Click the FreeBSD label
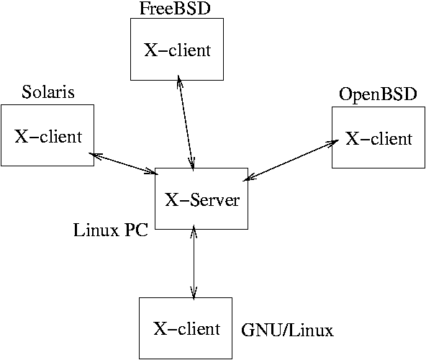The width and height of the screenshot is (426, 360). [x=175, y=8]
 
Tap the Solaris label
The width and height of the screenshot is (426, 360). [x=48, y=91]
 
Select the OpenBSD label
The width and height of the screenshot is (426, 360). [x=378, y=94]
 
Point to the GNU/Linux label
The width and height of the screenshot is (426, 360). [x=287, y=330]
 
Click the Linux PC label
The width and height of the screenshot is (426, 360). [x=111, y=230]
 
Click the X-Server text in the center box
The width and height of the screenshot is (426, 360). [x=202, y=200]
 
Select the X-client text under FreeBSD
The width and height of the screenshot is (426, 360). [x=178, y=50]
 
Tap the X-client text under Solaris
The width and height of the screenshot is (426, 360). [x=48, y=136]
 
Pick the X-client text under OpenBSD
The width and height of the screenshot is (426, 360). [x=379, y=138]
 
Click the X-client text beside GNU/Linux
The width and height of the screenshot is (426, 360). [x=186, y=328]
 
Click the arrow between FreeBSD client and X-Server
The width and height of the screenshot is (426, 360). [x=186, y=123]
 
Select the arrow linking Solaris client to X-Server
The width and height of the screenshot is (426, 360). [x=124, y=163]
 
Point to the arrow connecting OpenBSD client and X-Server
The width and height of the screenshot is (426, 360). [x=291, y=160]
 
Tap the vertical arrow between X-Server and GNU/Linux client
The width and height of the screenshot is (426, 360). [x=194, y=262]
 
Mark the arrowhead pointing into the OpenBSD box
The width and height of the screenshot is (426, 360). [x=333, y=143]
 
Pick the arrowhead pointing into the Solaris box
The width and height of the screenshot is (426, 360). [x=95, y=156]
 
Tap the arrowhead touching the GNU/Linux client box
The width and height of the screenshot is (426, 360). [x=194, y=294]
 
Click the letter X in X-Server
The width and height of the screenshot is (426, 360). [x=172, y=200]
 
